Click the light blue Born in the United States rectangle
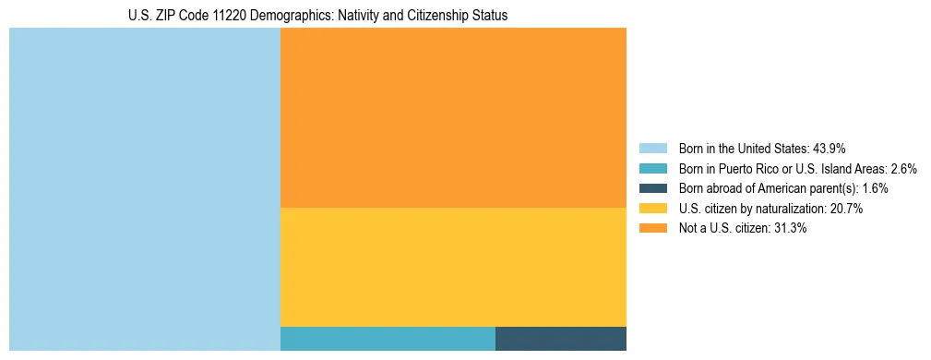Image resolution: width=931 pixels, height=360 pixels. [x=144, y=189]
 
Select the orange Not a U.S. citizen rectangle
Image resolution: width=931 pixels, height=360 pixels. [x=453, y=117]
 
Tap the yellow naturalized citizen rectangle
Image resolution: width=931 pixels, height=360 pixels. [x=453, y=267]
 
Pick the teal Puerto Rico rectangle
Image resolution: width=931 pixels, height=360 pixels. [x=388, y=339]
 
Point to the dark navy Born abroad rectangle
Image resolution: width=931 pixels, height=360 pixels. [x=561, y=339]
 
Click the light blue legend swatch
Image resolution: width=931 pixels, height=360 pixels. [x=652, y=149]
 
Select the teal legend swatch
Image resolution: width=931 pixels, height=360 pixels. [x=652, y=169]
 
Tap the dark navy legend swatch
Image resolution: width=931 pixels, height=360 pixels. [x=652, y=188]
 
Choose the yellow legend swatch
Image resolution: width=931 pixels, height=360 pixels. [x=652, y=209]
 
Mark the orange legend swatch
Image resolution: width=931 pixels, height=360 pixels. [x=652, y=229]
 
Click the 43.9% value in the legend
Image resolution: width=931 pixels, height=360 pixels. [x=829, y=149]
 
